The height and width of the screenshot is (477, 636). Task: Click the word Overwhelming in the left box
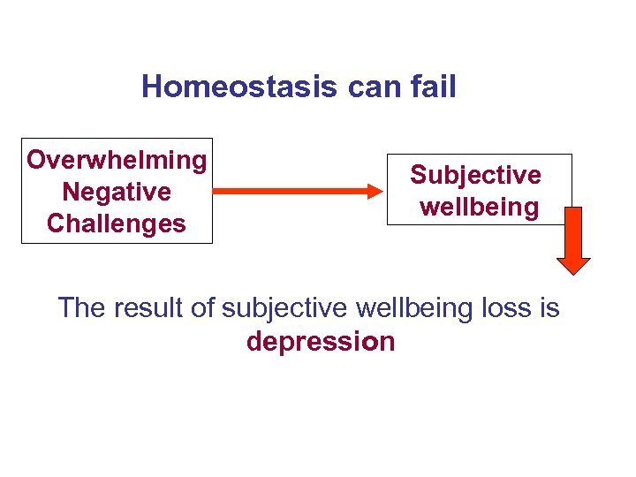coord(117,160)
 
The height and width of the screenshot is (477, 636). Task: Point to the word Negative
coord(117,192)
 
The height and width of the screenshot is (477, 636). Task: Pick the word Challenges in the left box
coord(117,223)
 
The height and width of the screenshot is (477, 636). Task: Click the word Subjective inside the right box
coord(475,175)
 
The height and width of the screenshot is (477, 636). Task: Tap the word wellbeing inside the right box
coord(480,208)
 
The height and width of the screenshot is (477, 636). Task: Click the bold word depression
coord(321,342)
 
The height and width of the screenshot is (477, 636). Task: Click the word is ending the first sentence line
coord(549,308)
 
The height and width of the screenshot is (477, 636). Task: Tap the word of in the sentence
coord(202,308)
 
